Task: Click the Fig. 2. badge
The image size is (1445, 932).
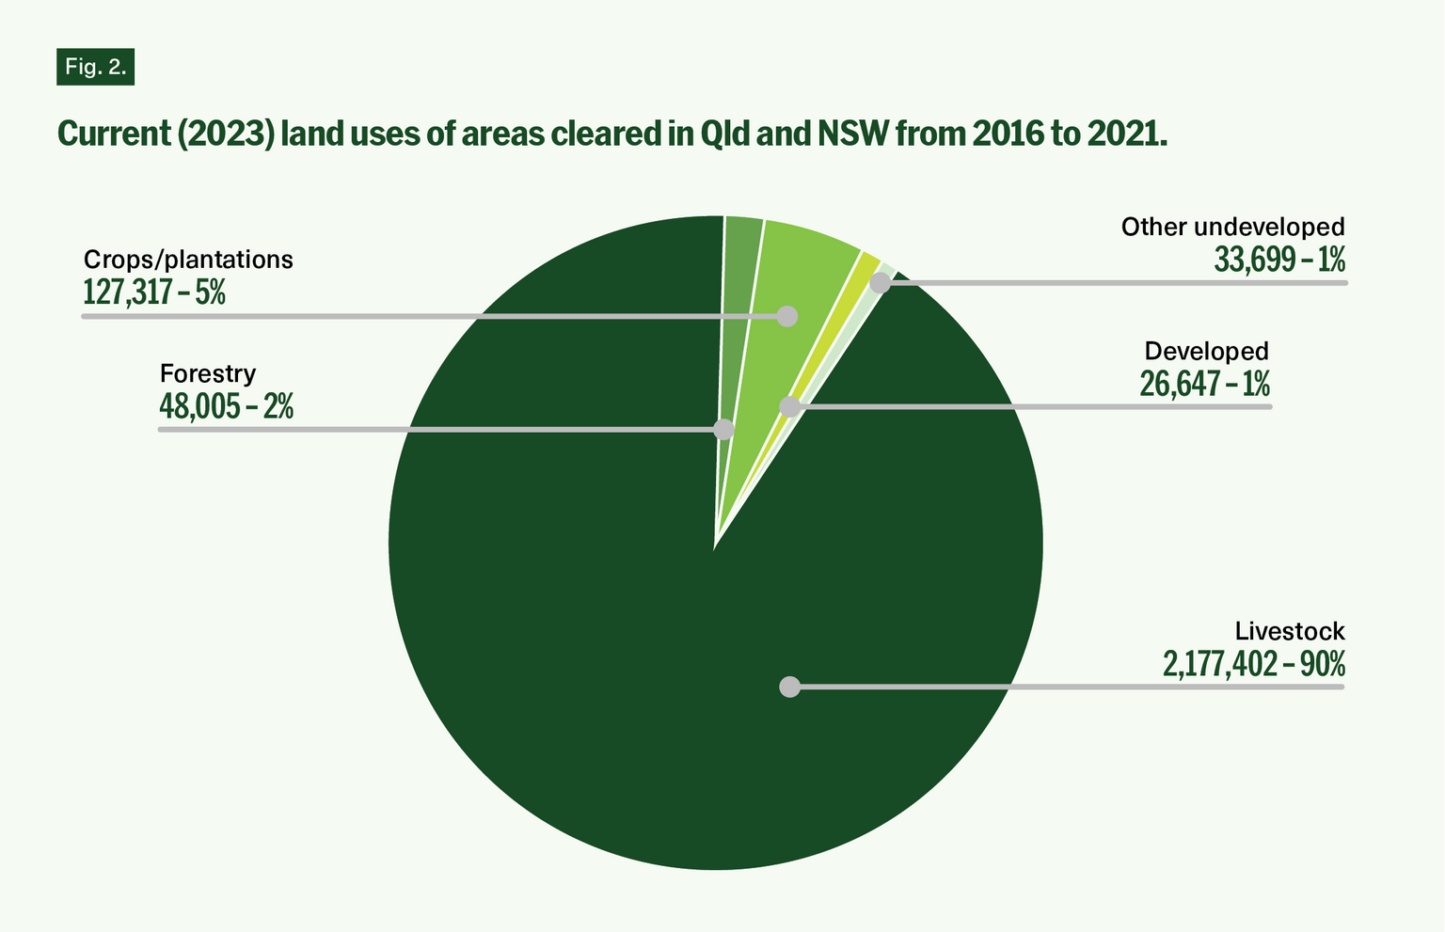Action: (x=95, y=67)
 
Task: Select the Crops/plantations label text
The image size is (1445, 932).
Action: (x=188, y=260)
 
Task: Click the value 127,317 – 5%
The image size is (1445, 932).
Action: (x=154, y=292)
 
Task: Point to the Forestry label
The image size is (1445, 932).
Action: (x=207, y=373)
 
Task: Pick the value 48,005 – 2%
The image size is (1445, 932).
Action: (x=226, y=406)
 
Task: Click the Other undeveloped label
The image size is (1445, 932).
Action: (x=1232, y=227)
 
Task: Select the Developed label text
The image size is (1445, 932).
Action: (x=1206, y=351)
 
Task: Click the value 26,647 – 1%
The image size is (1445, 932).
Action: (x=1204, y=384)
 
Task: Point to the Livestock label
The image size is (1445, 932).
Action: (x=1290, y=631)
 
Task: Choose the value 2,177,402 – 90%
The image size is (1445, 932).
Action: (x=1253, y=664)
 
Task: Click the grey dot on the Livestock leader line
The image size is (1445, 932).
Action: (x=790, y=687)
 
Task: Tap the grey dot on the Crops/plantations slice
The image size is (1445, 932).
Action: (x=787, y=316)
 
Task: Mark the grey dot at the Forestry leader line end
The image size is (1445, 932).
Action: (x=723, y=430)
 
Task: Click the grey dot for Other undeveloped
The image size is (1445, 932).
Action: (x=881, y=282)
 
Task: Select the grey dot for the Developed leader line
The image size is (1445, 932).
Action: (x=790, y=406)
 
